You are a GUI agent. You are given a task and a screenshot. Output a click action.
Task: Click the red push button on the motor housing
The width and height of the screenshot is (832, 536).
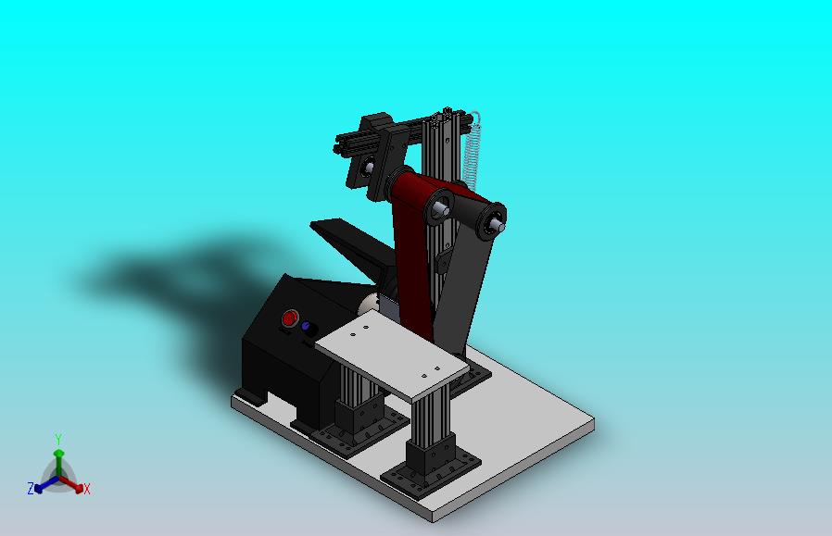290,318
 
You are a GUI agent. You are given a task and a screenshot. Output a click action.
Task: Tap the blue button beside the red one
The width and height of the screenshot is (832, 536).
306,326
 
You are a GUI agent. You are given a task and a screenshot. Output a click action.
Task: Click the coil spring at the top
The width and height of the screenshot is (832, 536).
472,150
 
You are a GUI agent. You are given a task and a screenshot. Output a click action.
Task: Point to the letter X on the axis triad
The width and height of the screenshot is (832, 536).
87,489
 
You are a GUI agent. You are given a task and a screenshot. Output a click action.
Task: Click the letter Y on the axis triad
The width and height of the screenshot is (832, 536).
59,440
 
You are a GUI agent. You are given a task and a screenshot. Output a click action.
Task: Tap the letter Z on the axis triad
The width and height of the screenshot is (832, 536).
31,488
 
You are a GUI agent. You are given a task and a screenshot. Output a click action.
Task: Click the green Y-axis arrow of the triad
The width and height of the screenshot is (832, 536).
59,463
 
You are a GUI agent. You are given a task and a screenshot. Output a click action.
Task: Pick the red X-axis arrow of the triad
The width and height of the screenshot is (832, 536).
71,483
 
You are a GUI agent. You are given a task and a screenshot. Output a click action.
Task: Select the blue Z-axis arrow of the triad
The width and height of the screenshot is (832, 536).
46,483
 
